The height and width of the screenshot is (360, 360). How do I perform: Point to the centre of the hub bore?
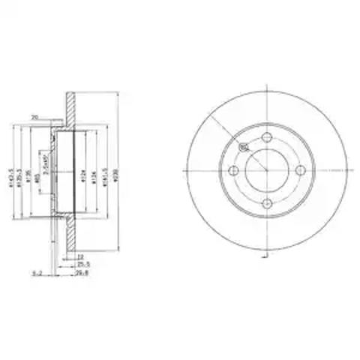[x=267, y=171]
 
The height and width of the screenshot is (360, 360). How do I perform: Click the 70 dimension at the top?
[x=34, y=116]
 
